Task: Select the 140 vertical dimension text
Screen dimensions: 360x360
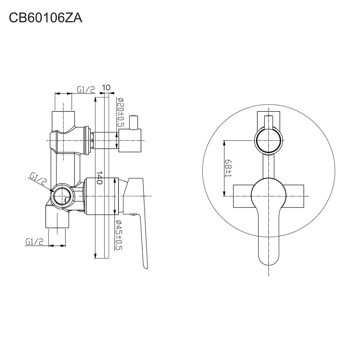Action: [99, 178]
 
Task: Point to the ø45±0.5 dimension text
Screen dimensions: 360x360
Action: [120, 235]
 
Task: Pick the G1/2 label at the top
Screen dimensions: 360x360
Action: [86, 90]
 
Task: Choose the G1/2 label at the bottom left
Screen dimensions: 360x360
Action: [34, 242]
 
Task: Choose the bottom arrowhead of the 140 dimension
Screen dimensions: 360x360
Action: [96, 257]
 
